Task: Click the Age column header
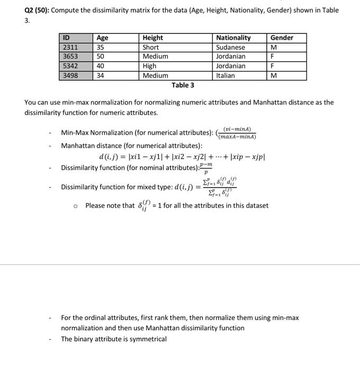pos(102,38)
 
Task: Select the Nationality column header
pos(233,38)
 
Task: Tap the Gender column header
pos(282,38)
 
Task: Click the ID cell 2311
pos(70,47)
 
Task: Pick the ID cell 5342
pos(70,66)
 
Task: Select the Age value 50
pos(101,57)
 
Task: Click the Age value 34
pos(101,76)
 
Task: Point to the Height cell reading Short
pos(151,47)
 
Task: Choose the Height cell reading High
pos(150,66)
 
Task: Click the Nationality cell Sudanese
pos(231,47)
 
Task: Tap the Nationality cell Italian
pos(226,76)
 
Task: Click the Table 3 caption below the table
pos(183,85)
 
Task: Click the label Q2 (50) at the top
pos(37,10)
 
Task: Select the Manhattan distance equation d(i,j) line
pos(182,157)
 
